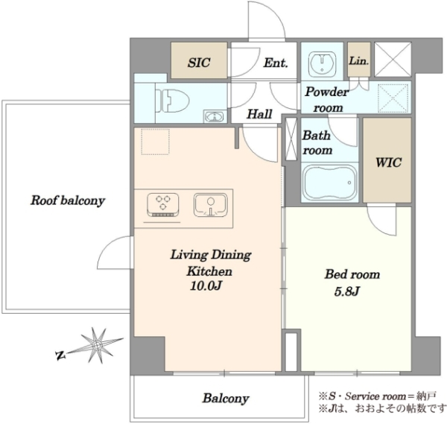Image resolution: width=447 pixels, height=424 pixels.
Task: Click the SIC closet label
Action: pyautogui.click(x=199, y=63)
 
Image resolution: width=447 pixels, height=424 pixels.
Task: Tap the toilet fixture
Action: pyautogui.click(x=172, y=101)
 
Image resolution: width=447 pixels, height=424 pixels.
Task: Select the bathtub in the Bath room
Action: pyautogui.click(x=330, y=181)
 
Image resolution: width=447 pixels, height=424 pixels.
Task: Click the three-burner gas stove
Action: pyautogui.click(x=163, y=205)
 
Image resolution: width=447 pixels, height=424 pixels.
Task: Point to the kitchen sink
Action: pyautogui.click(x=211, y=205)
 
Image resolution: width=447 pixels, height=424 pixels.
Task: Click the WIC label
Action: pyautogui.click(x=388, y=162)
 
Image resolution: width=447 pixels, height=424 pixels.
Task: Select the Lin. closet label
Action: pyautogui.click(x=359, y=60)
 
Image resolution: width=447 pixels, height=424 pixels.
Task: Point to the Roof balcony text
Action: pyautogui.click(x=68, y=200)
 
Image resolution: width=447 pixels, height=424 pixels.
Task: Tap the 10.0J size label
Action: pyautogui.click(x=206, y=286)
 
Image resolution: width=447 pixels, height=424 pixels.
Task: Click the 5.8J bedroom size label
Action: pyautogui.click(x=346, y=291)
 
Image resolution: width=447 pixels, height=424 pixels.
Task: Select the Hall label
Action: pyautogui.click(x=259, y=114)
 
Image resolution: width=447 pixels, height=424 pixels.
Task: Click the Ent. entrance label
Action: pyautogui.click(x=276, y=63)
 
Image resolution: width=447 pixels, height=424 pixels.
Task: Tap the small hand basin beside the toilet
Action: pyautogui.click(x=214, y=116)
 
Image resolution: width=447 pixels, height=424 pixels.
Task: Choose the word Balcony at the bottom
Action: pyautogui.click(x=226, y=399)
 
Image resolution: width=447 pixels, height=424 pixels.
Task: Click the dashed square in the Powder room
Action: pyautogui.click(x=393, y=98)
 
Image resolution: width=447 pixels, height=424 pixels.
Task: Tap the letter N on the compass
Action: pyautogui.click(x=60, y=355)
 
